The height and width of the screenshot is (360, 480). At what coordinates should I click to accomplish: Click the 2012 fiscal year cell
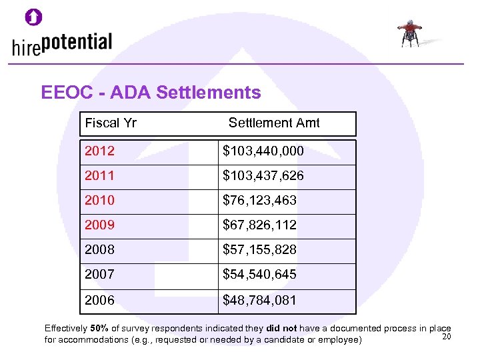click(100, 151)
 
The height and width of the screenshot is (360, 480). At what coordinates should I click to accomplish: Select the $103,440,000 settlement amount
click(263, 151)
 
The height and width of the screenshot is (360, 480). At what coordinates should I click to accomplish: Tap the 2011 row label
click(100, 176)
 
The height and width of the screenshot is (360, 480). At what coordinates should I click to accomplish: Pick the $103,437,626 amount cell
click(263, 176)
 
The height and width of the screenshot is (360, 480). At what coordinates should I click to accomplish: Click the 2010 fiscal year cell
click(100, 200)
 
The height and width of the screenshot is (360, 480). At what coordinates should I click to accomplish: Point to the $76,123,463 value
click(259, 200)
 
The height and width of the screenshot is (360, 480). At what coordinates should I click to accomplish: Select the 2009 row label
click(100, 225)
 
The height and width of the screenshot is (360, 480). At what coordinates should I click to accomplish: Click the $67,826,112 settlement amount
click(259, 225)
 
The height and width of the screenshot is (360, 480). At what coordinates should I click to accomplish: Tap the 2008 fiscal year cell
click(100, 250)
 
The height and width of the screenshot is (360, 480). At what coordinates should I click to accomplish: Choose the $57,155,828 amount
click(259, 250)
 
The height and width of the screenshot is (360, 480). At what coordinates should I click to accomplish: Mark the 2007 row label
click(100, 274)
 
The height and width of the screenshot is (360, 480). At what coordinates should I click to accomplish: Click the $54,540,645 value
click(259, 274)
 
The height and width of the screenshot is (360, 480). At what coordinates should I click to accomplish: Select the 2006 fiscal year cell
click(100, 301)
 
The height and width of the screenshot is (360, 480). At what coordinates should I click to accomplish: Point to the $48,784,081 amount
click(259, 301)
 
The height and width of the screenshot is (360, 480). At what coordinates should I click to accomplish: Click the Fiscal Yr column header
click(111, 123)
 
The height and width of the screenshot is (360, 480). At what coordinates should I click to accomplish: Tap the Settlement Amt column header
click(274, 123)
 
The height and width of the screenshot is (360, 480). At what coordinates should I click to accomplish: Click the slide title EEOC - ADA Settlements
click(151, 93)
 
